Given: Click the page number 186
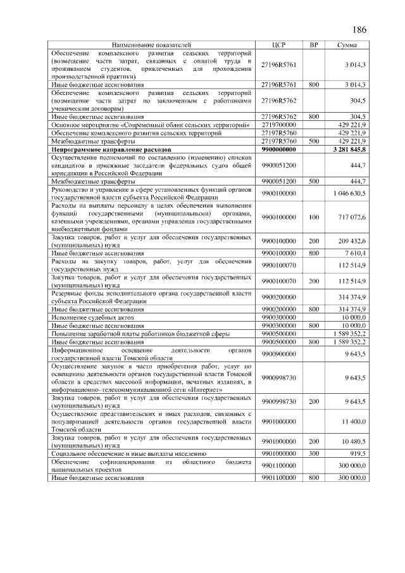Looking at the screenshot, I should [x=359, y=30].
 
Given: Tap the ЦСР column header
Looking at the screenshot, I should [x=278, y=46].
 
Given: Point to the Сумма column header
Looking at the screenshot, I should [x=346, y=46].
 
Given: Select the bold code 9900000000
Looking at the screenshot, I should [x=278, y=150].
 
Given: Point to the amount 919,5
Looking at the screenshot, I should [x=358, y=454].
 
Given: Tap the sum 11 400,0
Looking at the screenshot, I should [x=354, y=421].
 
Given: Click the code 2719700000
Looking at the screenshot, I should [x=278, y=125].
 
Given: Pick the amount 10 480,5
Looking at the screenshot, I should [x=354, y=442].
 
